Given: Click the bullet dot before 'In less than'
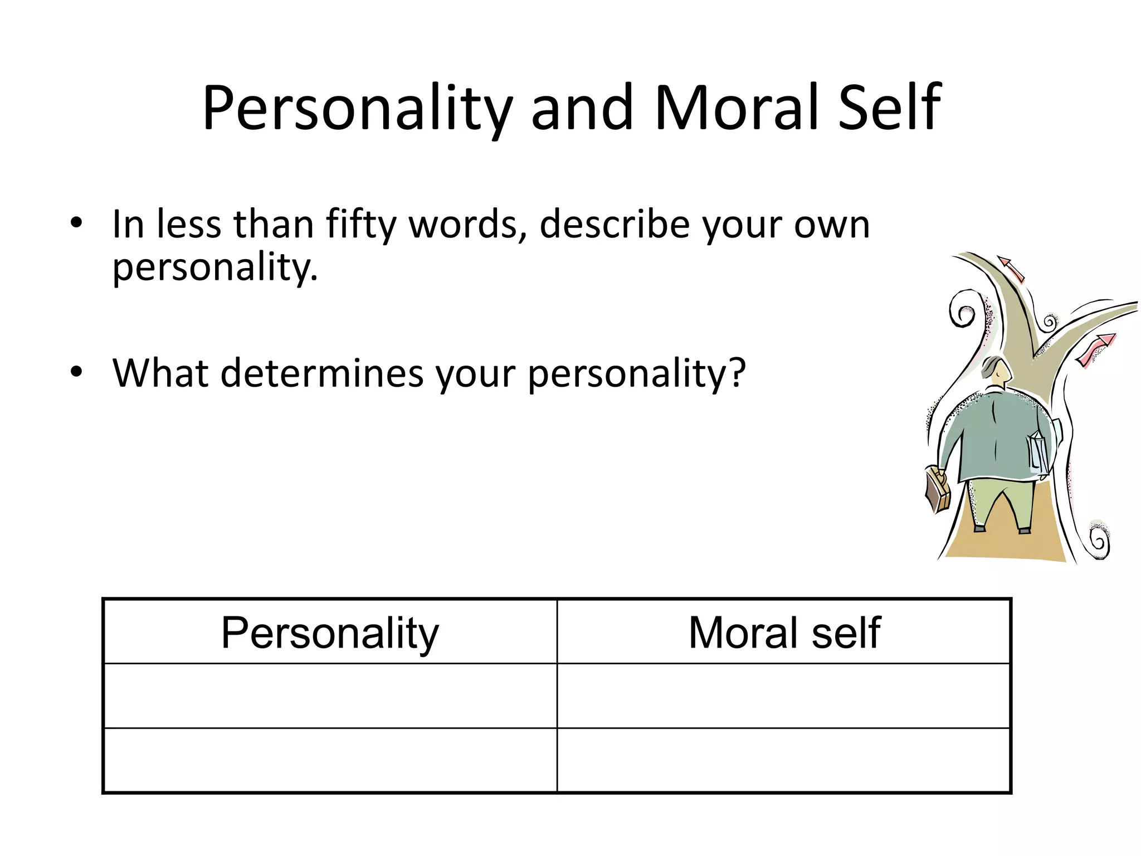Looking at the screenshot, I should click(x=76, y=223).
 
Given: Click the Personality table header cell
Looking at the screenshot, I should click(x=330, y=632).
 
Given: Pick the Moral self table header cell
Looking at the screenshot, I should click(x=784, y=632).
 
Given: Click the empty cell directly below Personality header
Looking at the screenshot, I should click(x=330, y=695).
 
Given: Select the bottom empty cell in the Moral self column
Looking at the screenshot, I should click(x=784, y=760).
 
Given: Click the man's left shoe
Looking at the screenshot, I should click(x=979, y=528).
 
